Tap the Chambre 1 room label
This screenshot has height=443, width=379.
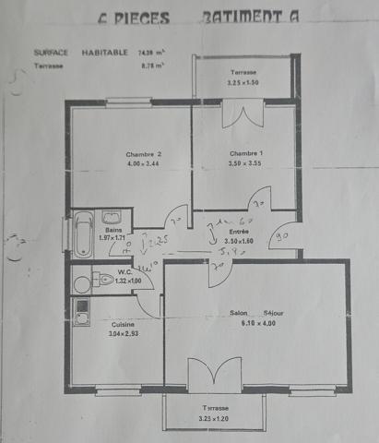coord(245,153)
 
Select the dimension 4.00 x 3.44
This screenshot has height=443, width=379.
coord(144,164)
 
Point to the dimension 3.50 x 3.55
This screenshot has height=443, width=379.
coord(245,163)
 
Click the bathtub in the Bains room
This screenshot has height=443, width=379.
coord(82,234)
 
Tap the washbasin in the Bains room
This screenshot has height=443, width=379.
coord(112,219)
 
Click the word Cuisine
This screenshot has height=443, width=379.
coord(124,325)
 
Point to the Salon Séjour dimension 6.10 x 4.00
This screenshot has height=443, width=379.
coord(256,323)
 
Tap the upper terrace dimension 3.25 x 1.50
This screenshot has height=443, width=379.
coord(244,83)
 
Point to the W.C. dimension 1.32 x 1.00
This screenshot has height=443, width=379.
coord(128,281)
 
